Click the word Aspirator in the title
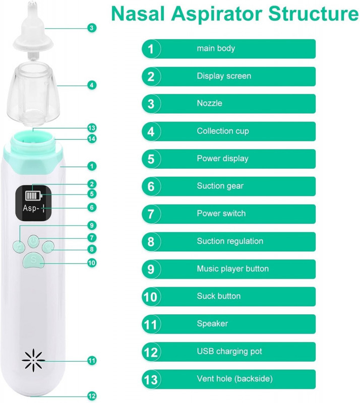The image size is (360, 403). click(217, 14)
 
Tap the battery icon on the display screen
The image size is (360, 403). click(33, 195)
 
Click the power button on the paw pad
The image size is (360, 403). click(33, 241)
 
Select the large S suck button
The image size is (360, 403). click(33, 259)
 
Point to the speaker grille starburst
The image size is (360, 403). click(33, 360)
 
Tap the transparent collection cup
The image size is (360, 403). click(33, 94)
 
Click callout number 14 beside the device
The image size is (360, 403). click(92, 139)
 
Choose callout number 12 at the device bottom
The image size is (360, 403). click(92, 396)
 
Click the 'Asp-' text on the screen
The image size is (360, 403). click(31, 208)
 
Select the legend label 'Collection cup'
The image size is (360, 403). click(223, 131)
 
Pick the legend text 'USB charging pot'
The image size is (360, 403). click(229, 351)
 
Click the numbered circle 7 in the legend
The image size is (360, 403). click(151, 214)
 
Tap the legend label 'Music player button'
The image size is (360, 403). click(232, 268)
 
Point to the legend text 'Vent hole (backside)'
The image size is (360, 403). click(234, 379)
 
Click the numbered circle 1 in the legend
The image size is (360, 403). click(151, 49)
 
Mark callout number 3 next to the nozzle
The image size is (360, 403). click(92, 28)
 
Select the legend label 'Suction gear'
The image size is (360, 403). click(220, 186)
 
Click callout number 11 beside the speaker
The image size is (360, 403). click(92, 361)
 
